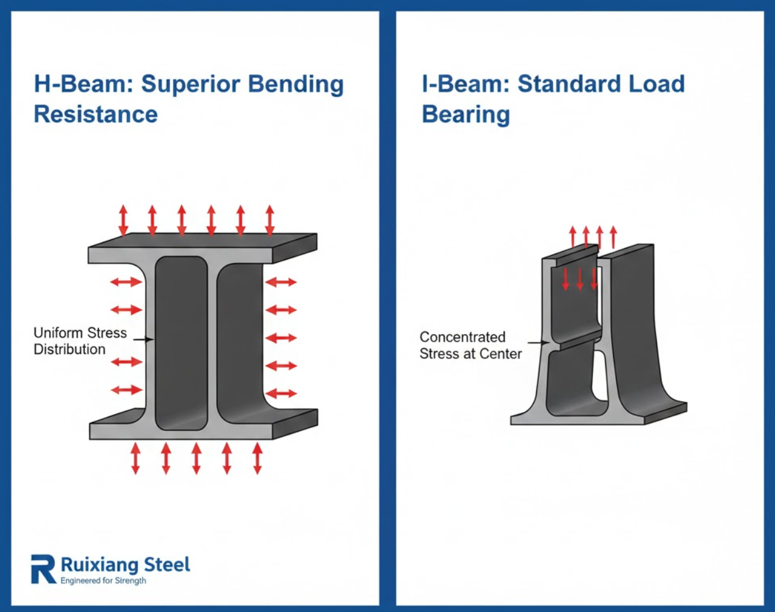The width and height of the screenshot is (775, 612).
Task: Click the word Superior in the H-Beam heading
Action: point(190,84)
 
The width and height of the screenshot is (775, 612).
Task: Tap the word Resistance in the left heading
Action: point(96,114)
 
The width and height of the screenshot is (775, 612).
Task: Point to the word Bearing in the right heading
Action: point(466,115)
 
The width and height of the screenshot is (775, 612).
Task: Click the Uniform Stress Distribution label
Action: point(80,341)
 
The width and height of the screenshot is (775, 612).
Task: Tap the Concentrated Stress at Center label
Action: point(470,345)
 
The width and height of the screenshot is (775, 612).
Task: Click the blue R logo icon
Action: point(43,568)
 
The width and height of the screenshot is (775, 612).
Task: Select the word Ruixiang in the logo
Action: point(99,565)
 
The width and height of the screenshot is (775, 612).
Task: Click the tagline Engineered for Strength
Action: point(103,581)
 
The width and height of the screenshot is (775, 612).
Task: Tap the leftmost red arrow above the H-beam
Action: point(123,220)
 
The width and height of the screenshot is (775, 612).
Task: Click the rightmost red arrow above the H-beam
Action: point(270,220)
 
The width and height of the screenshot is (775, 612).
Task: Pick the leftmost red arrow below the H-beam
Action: point(135,458)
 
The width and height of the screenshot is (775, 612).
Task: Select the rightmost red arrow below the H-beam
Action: point(257,458)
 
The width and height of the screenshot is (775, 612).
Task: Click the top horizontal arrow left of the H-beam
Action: point(126,282)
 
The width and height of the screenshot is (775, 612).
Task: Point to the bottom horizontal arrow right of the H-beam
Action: point(281,393)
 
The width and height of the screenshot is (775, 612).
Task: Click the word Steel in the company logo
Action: point(167,565)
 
